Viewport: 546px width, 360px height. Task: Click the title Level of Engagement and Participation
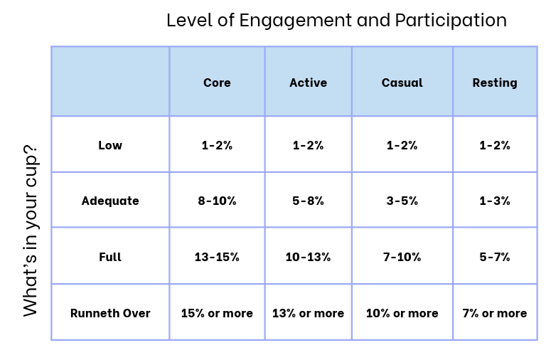click(336, 20)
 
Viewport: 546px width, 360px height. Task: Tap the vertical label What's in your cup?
click(31, 231)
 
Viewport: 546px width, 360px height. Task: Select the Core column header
click(217, 83)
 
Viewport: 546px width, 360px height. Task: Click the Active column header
click(308, 83)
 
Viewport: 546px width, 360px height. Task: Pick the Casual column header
click(402, 83)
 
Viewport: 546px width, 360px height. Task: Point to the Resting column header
click(495, 83)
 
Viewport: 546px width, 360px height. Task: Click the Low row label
click(110, 145)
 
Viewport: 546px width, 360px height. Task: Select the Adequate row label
click(110, 201)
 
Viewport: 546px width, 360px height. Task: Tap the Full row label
click(110, 257)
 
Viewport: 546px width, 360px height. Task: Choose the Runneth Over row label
click(110, 313)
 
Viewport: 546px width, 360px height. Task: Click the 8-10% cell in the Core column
click(217, 201)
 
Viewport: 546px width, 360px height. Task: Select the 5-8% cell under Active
click(308, 201)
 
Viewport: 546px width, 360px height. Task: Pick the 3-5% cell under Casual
click(402, 201)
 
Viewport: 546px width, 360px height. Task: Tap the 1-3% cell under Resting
click(495, 201)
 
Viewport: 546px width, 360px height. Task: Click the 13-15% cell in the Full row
click(217, 257)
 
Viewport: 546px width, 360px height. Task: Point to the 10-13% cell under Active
click(308, 257)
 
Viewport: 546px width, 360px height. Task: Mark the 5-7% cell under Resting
click(495, 257)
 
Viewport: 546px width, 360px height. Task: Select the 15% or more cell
click(217, 313)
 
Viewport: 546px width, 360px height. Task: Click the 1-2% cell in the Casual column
click(402, 145)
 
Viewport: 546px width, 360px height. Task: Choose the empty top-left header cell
click(110, 82)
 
